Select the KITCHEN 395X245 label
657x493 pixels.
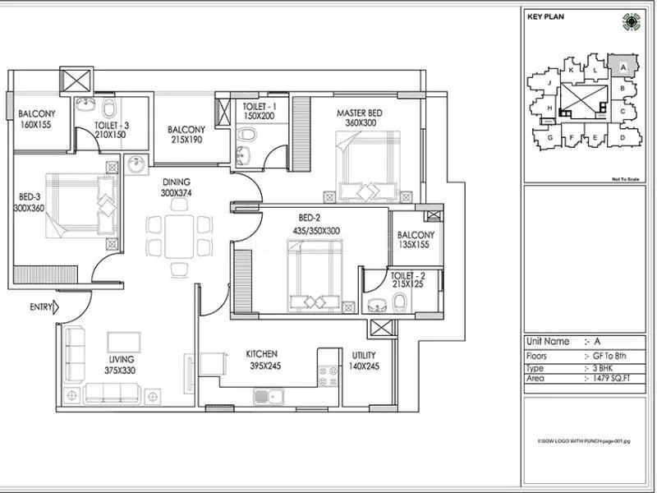tap(263, 360)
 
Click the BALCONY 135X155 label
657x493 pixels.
tap(415, 239)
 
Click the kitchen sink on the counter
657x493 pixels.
tap(268, 397)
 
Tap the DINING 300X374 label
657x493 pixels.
tap(176, 187)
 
